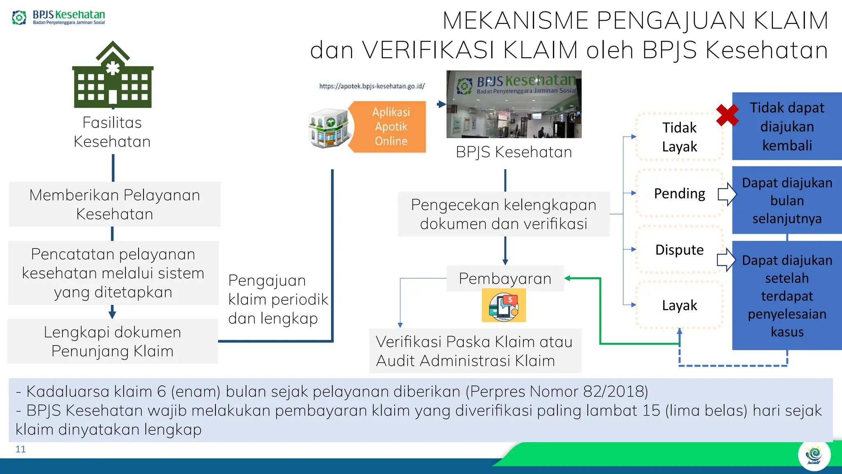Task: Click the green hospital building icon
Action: [x=113, y=76]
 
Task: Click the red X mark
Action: [x=727, y=115]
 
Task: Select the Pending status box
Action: [x=679, y=193]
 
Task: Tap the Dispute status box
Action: [x=679, y=250]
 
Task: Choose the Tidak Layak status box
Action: [x=679, y=137]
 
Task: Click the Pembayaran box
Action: [x=505, y=279]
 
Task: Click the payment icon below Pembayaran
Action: [x=504, y=306]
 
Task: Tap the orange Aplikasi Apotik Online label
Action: [x=391, y=127]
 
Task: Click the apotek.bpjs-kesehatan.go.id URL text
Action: [x=372, y=86]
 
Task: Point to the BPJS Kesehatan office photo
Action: [x=514, y=104]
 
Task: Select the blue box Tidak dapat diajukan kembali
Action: [x=786, y=126]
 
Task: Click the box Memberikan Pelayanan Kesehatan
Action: [x=115, y=204]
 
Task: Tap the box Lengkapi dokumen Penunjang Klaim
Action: [x=113, y=342]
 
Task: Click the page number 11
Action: [x=21, y=449]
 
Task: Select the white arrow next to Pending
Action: [x=727, y=194]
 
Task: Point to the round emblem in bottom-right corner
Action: [x=814, y=455]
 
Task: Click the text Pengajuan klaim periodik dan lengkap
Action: [x=278, y=299]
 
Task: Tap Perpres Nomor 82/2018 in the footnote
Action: [x=557, y=391]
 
